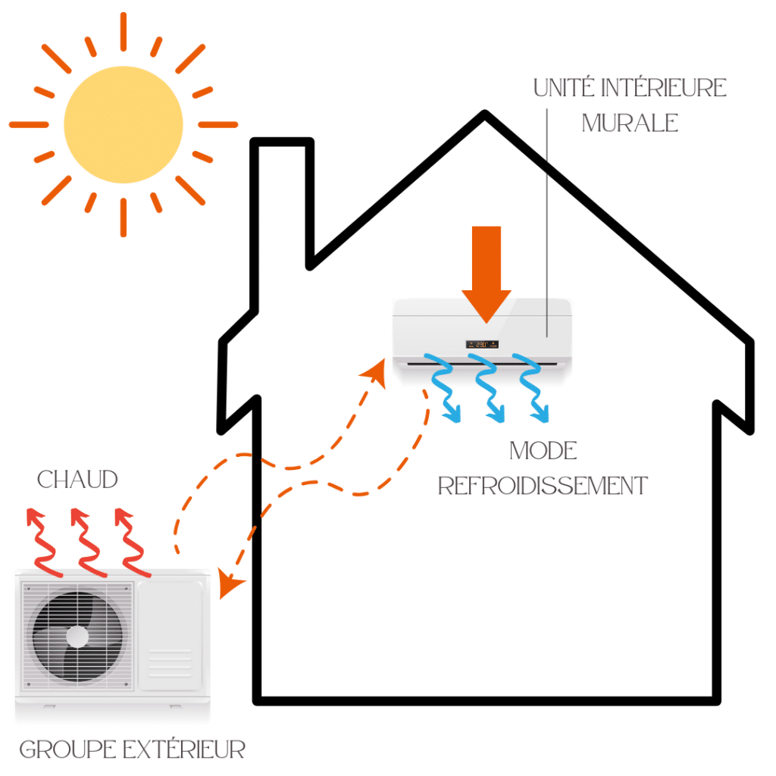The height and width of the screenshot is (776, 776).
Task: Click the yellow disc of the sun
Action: pyautogui.click(x=124, y=123)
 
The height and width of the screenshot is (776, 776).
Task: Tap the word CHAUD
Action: pyautogui.click(x=78, y=479)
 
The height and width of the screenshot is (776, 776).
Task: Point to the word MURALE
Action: pyautogui.click(x=630, y=124)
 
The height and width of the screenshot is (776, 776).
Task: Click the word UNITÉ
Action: pyautogui.click(x=565, y=88)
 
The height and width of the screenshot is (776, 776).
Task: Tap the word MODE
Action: pyautogui.click(x=543, y=451)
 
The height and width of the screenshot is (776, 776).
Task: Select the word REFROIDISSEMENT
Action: pyautogui.click(x=543, y=485)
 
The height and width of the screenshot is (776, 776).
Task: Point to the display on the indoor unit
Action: pyautogui.click(x=482, y=344)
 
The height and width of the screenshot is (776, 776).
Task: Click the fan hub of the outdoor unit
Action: pyautogui.click(x=77, y=636)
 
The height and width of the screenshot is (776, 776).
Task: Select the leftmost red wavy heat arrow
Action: pyautogui.click(x=42, y=543)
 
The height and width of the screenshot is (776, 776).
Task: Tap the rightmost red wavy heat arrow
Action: pyautogui.click(x=133, y=543)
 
